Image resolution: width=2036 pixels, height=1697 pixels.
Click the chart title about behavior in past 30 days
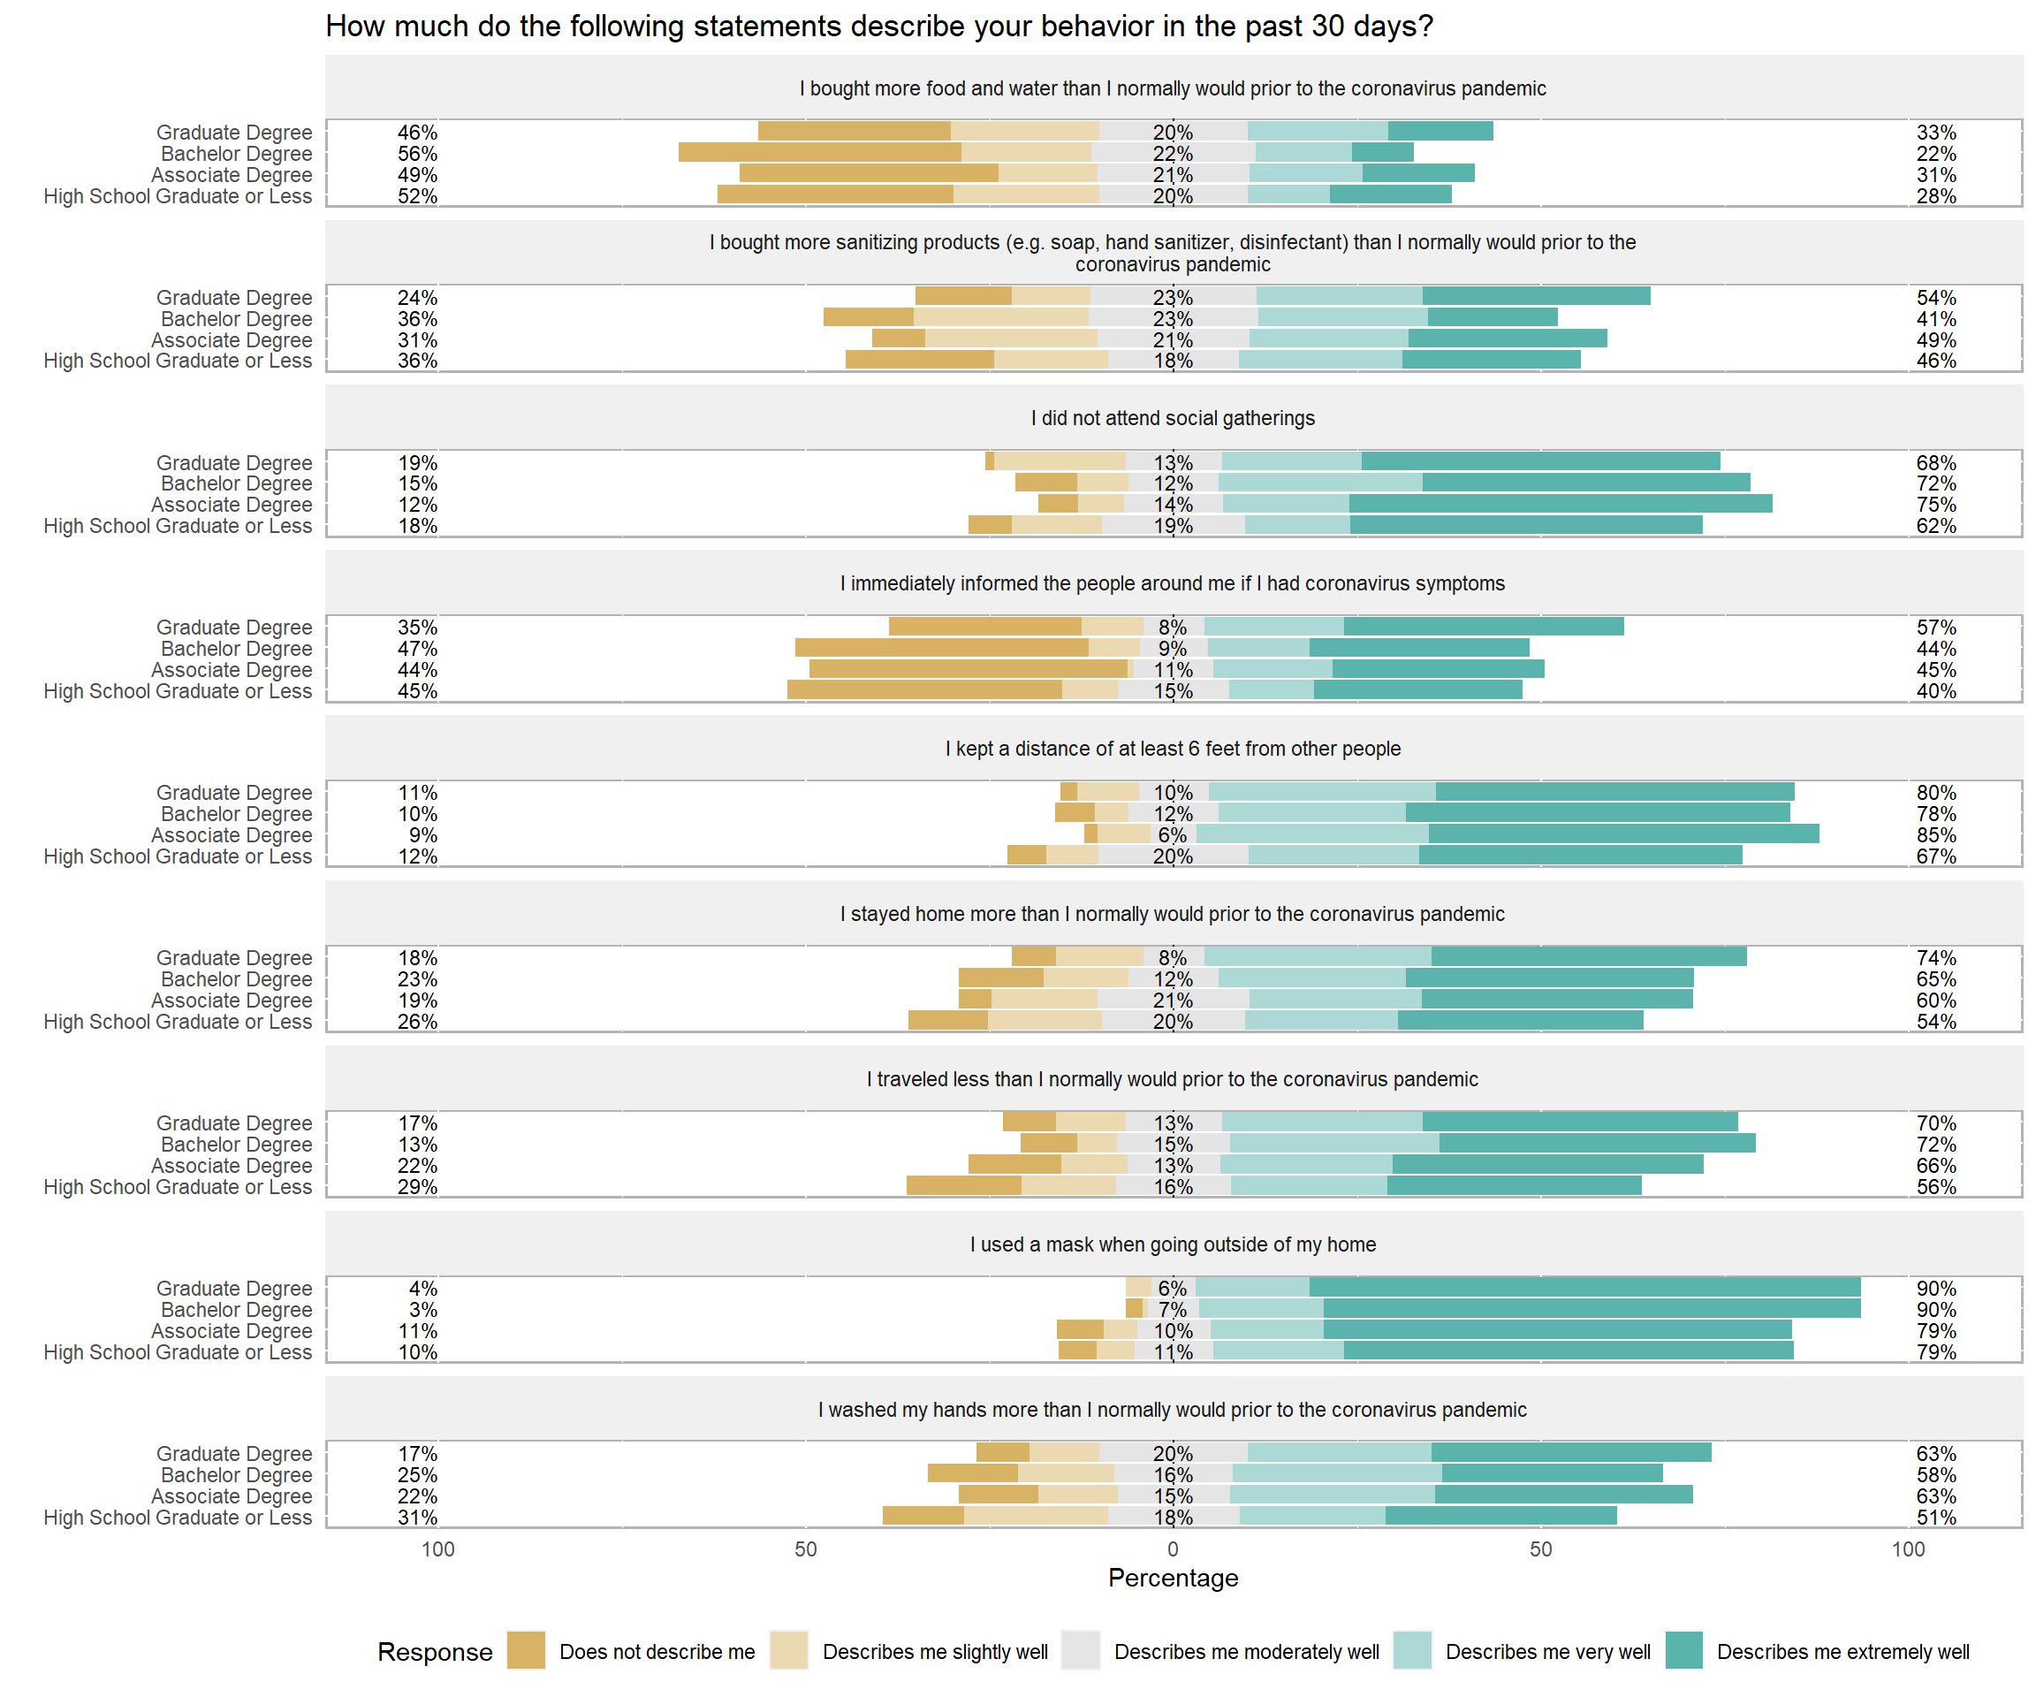click(878, 27)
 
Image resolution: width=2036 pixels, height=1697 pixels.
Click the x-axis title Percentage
click(1174, 1578)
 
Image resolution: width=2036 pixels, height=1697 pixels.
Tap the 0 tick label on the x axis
click(1174, 1549)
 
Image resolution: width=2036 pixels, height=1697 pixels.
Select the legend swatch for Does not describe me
click(526, 1650)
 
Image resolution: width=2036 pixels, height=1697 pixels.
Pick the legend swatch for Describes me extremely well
click(1684, 1650)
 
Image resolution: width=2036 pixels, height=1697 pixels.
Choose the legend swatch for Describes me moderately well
click(1080, 1650)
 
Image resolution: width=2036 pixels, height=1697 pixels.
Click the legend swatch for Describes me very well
click(1411, 1650)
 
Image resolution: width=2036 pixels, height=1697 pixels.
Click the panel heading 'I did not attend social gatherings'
click(1174, 418)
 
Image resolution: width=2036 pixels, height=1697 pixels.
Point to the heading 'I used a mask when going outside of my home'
click(1174, 1244)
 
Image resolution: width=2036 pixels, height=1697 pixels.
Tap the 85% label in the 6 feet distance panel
click(1935, 835)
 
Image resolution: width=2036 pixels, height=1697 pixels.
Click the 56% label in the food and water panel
click(417, 153)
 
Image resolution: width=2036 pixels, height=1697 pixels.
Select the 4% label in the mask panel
click(422, 1288)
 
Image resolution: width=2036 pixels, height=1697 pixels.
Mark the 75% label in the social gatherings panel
click(1935, 505)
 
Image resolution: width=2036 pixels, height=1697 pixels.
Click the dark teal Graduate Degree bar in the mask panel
click(1584, 1287)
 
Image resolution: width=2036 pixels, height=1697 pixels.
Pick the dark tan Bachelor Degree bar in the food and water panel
click(819, 152)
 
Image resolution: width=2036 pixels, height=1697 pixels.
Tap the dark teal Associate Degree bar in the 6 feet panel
click(1623, 834)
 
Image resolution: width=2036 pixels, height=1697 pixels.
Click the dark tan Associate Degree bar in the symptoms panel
click(968, 669)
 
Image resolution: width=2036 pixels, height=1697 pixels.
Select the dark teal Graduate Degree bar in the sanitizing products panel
click(1536, 296)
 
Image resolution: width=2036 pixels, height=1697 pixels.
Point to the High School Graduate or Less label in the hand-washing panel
click(178, 1518)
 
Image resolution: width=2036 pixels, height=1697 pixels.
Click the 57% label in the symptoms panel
click(1935, 628)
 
